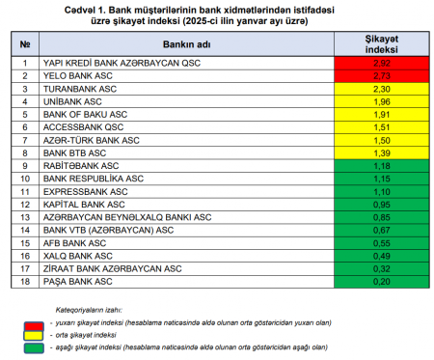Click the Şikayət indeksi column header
tap(382, 44)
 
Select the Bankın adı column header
tap(186, 44)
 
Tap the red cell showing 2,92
tap(382, 63)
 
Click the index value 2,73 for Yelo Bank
tap(382, 76)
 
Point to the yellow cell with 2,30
tap(382, 89)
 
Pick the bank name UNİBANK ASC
tap(72, 101)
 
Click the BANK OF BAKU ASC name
tap(85, 115)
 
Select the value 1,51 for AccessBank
tap(382, 127)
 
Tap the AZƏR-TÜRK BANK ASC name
tap(92, 140)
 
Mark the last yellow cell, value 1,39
tap(382, 153)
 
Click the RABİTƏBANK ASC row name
tap(81, 166)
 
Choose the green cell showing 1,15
tap(382, 179)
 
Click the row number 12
tap(25, 205)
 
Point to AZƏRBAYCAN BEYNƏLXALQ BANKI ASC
tap(127, 217)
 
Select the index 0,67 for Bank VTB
tap(382, 231)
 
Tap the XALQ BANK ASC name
tap(78, 256)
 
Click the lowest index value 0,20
tap(382, 282)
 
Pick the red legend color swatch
tap(34, 326)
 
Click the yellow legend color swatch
tap(34, 336)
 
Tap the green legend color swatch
tap(34, 348)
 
